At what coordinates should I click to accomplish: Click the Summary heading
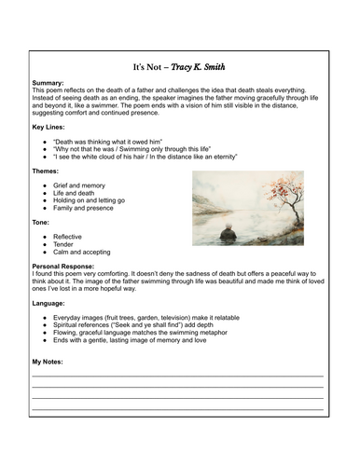pyautogui.click(x=49, y=82)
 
